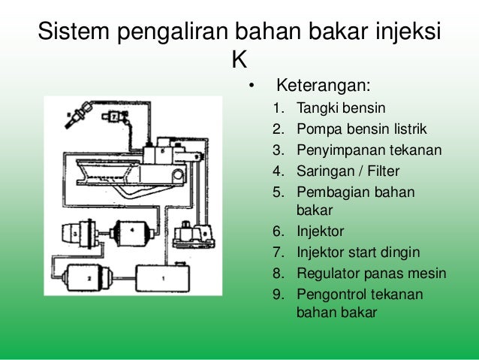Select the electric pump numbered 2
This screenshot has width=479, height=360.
[x=90, y=277]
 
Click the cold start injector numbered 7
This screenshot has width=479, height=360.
[x=113, y=117]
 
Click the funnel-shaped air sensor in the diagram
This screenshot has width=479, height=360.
[x=128, y=180]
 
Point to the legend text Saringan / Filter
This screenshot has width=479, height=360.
[x=348, y=170]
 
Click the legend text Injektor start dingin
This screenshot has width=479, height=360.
[x=358, y=251]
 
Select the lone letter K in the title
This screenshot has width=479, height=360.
[x=239, y=58]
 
